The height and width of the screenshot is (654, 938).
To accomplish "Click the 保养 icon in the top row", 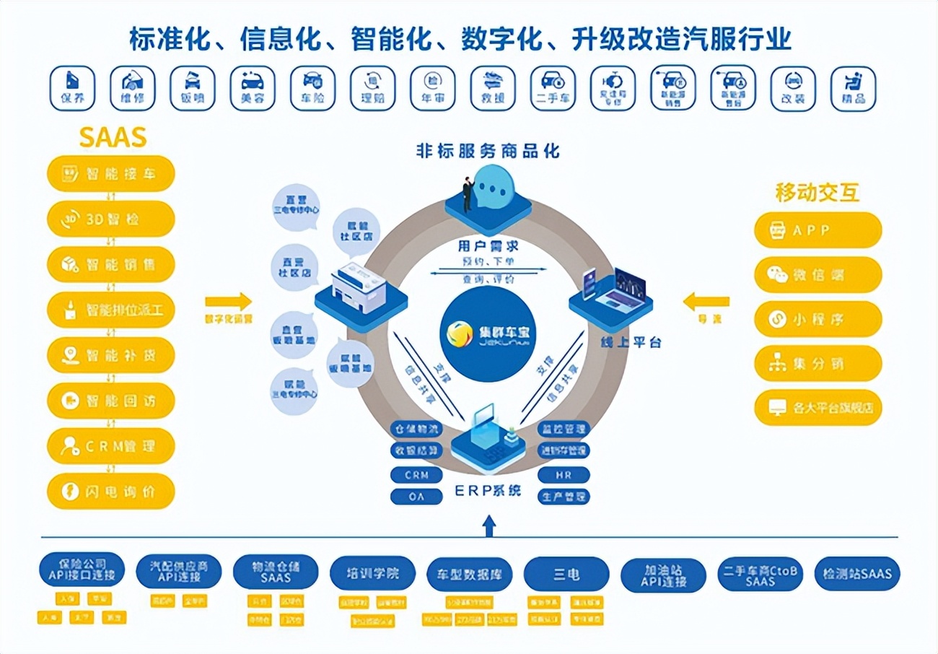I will pos(72,88).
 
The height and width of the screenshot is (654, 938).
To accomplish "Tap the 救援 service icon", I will pos(493,88).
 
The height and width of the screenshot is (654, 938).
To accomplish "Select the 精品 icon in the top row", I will pos(854,88).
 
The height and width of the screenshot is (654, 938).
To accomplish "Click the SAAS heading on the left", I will pos(113,136).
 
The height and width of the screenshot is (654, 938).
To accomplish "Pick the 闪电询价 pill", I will pos(111,492).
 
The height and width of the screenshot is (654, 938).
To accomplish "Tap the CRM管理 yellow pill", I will pos(111,446).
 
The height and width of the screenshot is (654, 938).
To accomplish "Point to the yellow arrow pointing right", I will pos(228,301).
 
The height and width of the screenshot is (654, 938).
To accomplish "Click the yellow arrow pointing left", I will pos(706,301).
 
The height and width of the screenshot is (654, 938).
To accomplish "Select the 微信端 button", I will pos(818,275).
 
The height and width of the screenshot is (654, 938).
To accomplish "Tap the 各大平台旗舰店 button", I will pos(818,407).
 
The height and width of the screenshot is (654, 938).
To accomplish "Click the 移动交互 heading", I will pos(818,193).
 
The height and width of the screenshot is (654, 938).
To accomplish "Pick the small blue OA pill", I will pos(416,497).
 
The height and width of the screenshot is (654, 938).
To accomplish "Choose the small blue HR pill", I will pos(564,475).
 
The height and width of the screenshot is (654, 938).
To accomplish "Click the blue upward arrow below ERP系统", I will pos(489,525).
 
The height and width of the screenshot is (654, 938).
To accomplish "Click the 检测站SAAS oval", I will pos(856,575).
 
